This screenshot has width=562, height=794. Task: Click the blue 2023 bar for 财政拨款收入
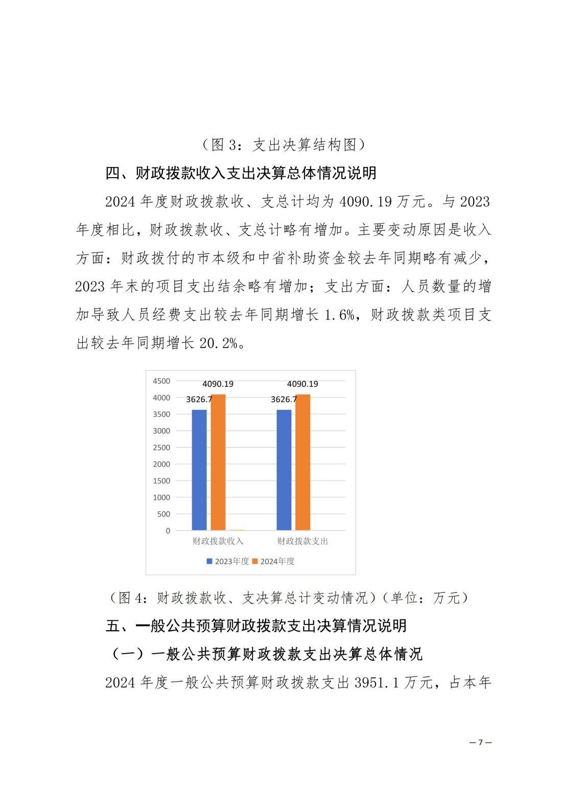(199, 470)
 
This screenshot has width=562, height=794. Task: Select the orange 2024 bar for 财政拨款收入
(218, 462)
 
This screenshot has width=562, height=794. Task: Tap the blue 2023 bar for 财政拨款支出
(284, 470)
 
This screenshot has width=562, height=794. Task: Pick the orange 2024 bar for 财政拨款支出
(303, 462)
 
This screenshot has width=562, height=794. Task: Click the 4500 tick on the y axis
(161, 381)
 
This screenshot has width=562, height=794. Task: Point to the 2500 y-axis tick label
(161, 447)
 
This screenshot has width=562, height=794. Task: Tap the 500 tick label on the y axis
(163, 514)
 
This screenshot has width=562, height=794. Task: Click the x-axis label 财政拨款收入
(218, 541)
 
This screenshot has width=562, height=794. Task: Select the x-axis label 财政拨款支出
(302, 541)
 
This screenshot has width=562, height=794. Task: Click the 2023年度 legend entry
(228, 561)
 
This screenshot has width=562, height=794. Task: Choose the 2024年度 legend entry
(274, 561)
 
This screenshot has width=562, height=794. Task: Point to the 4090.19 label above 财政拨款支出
(302, 384)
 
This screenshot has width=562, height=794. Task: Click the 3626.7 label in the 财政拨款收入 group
(199, 399)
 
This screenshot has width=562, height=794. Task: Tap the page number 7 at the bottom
(480, 742)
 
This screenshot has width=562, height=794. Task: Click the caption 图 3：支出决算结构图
(284, 145)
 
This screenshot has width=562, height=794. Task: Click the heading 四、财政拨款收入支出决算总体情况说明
(241, 173)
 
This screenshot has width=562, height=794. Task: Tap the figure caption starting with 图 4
(289, 597)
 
